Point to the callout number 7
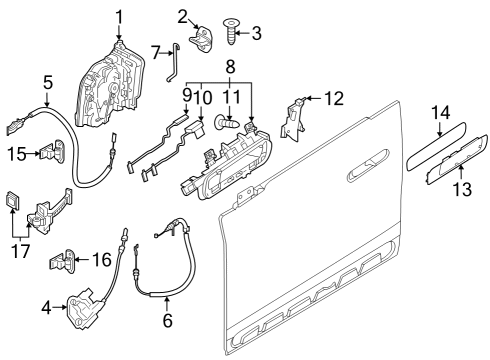pos(155,51)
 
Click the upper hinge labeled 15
pos(48,154)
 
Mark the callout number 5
pos(47,83)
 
